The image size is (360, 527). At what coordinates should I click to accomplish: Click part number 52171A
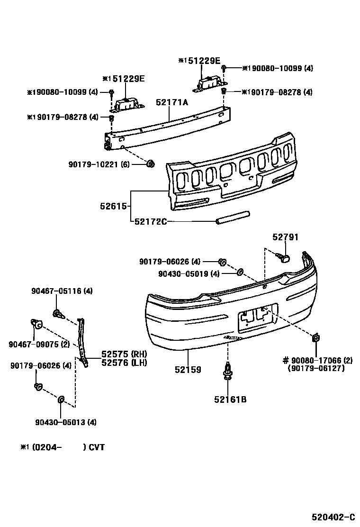click(x=172, y=102)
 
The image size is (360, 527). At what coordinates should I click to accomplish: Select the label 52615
click(x=113, y=206)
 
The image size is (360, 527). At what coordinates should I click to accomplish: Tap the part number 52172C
click(x=151, y=221)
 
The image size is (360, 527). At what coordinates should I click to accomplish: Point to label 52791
click(x=285, y=237)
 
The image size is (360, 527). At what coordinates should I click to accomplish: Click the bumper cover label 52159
click(x=188, y=369)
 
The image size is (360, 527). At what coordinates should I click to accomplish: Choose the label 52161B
click(x=231, y=399)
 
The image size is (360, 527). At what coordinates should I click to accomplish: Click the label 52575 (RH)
click(x=124, y=354)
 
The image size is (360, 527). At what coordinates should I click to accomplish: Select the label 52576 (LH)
click(x=124, y=363)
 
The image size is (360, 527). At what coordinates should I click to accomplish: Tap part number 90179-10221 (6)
click(x=99, y=164)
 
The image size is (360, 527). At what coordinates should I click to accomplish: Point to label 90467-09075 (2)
click(x=39, y=344)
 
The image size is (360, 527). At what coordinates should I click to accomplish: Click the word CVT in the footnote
click(x=97, y=447)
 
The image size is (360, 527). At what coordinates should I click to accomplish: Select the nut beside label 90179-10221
click(x=151, y=164)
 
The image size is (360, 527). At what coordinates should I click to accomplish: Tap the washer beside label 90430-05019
click(x=240, y=273)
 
